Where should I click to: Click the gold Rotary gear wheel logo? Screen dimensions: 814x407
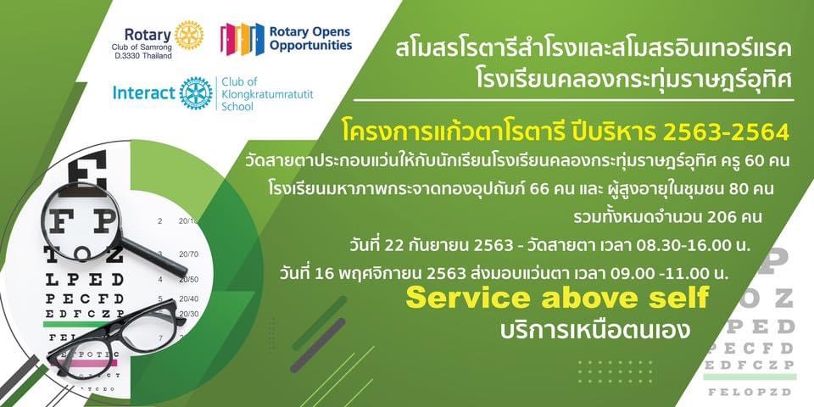point(189,36)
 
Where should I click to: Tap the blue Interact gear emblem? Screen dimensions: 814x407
point(196,93)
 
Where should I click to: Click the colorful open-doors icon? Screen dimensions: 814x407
point(242,40)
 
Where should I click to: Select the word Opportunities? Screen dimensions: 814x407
point(310,46)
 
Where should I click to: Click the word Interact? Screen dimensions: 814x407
point(144,93)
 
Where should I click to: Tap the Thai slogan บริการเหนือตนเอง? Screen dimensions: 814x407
point(595,330)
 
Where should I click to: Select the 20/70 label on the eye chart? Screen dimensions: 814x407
point(189,254)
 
